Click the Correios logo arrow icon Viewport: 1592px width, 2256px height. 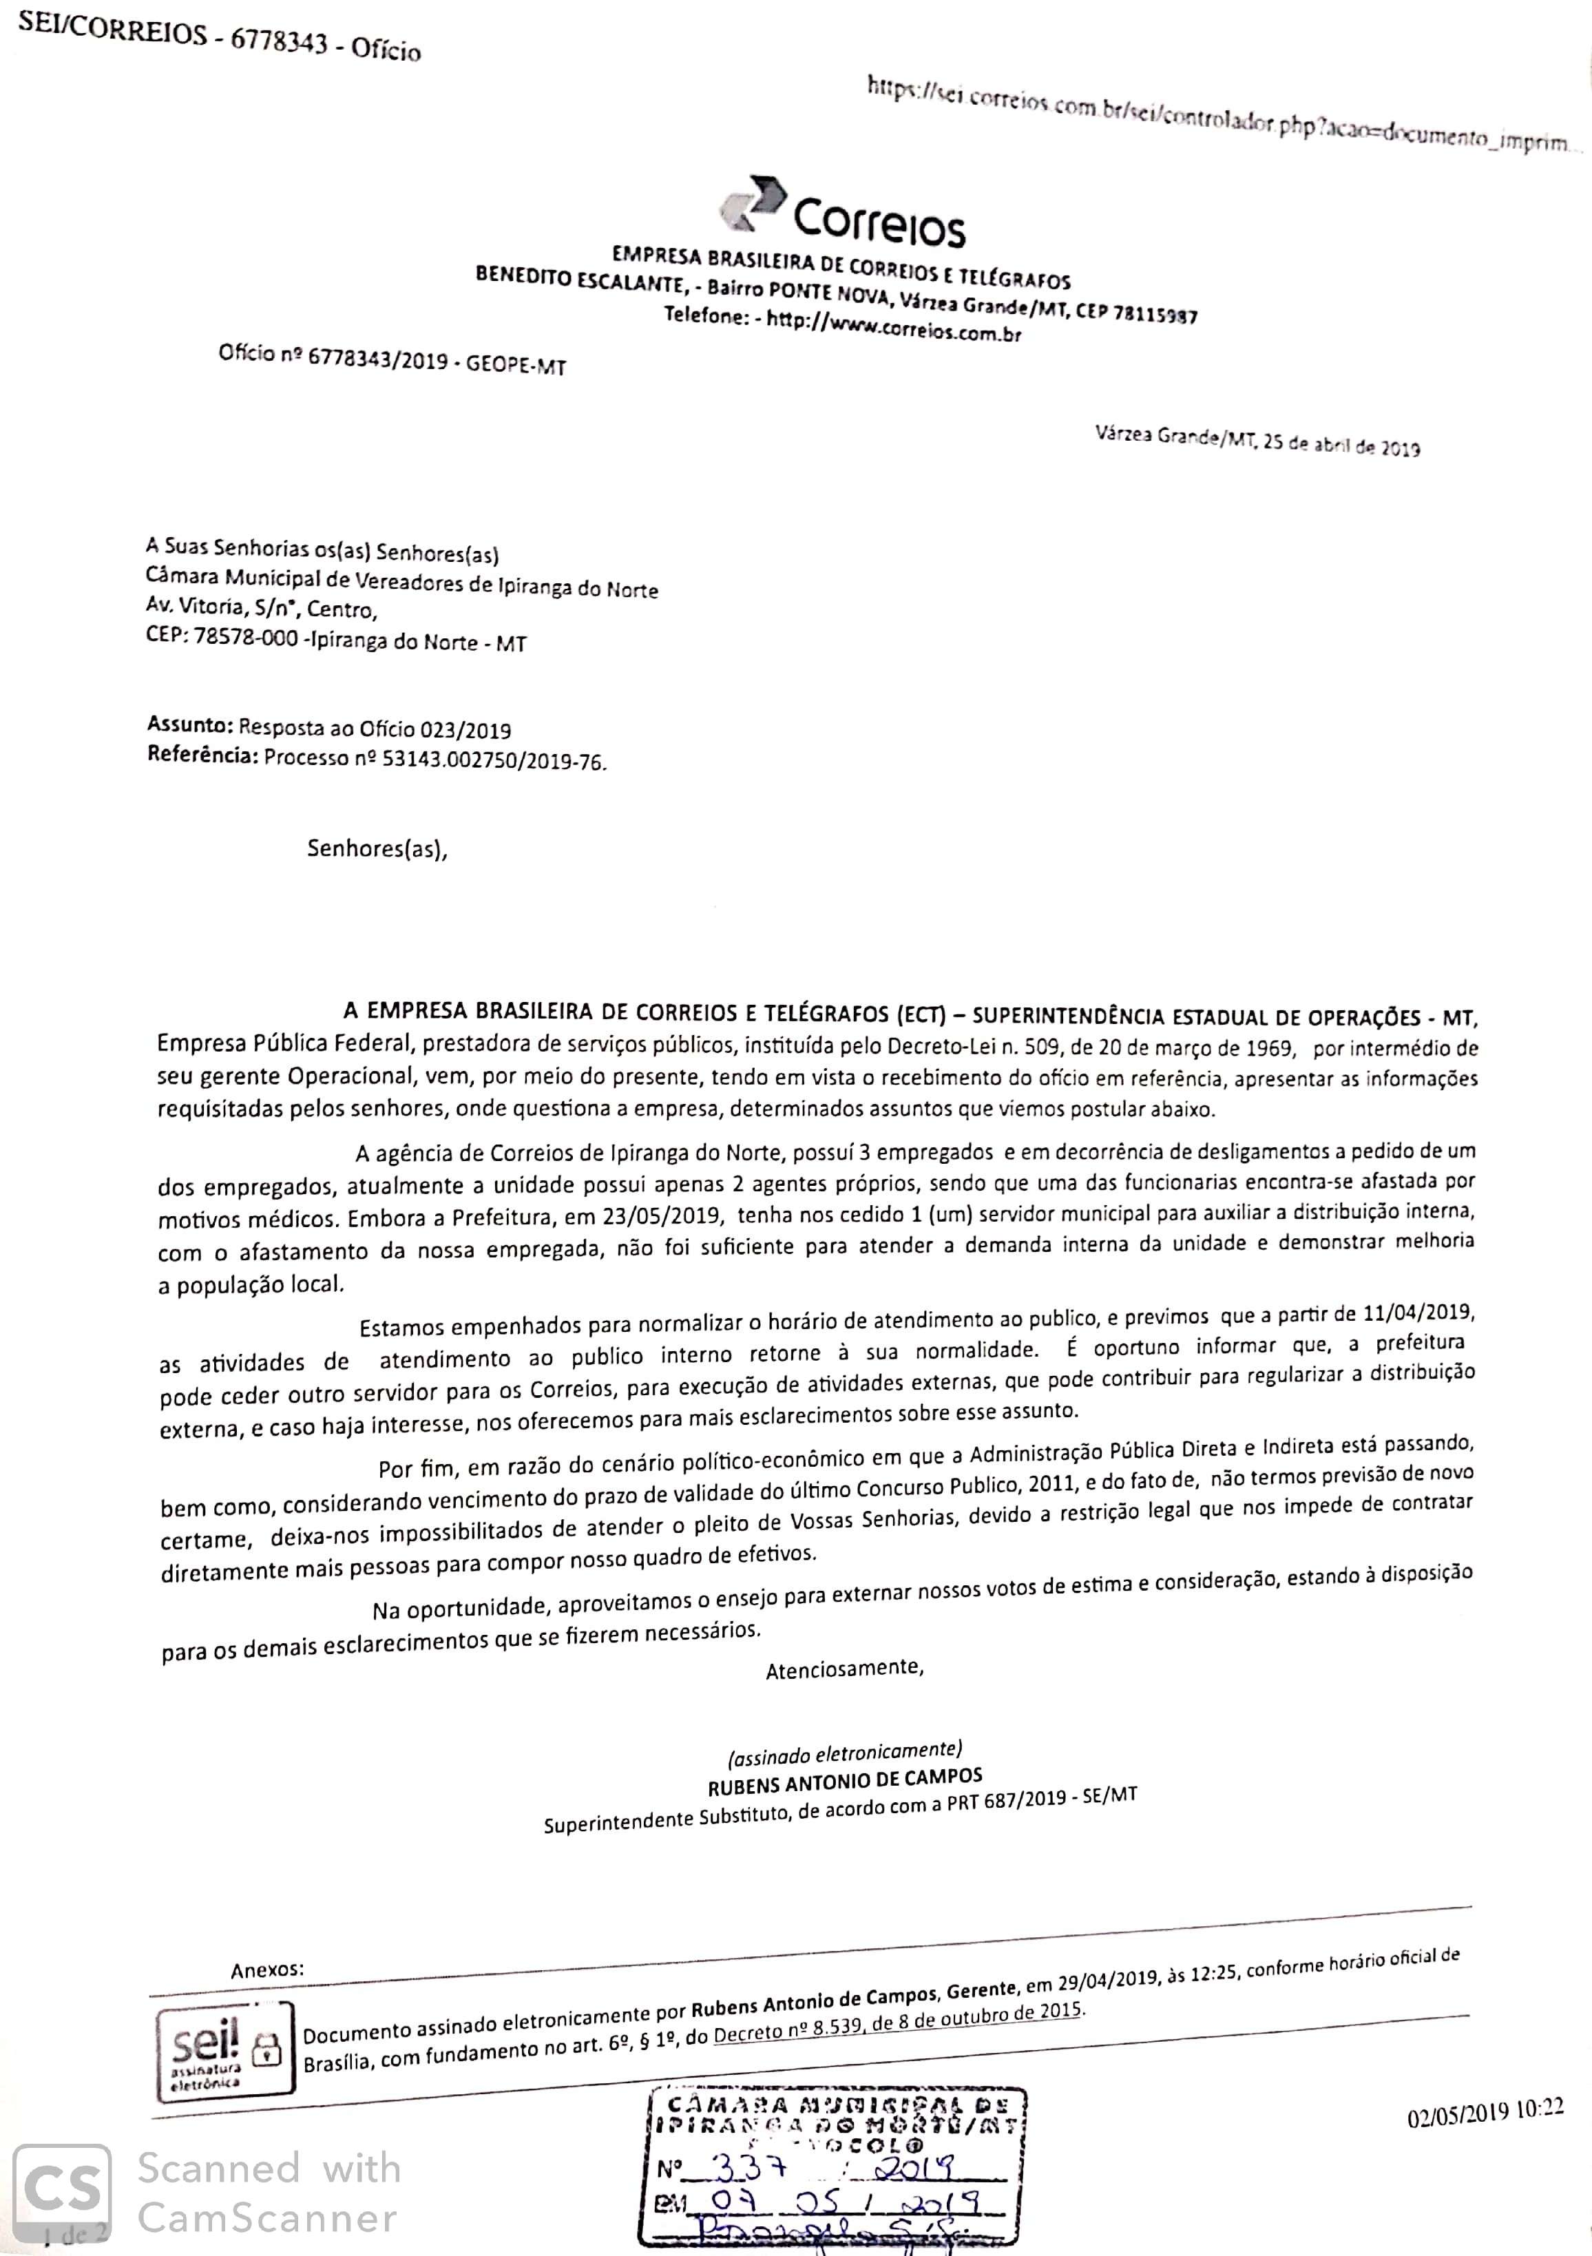[x=753, y=203]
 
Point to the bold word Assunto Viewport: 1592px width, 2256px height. [x=189, y=725]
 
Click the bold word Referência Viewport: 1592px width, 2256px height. [x=202, y=755]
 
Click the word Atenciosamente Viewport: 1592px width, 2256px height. [x=844, y=1669]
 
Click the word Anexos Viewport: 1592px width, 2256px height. [x=267, y=1968]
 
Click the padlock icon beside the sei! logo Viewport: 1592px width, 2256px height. [x=266, y=2049]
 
